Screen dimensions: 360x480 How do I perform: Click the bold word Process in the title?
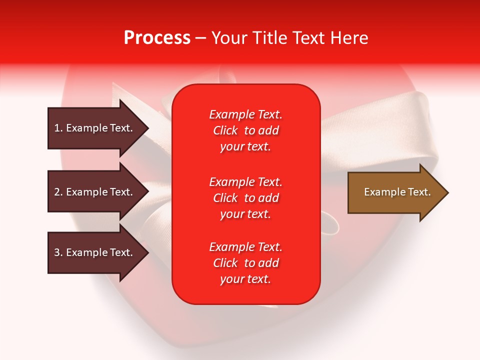coord(157,38)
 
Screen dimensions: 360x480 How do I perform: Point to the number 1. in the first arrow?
coord(58,128)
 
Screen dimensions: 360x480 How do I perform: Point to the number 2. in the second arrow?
coord(58,192)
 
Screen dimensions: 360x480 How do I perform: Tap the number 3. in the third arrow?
coord(58,252)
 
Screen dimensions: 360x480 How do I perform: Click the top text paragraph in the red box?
coord(245,130)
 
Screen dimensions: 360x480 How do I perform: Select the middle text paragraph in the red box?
coord(245,198)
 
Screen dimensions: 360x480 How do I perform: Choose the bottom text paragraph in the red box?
coord(245,263)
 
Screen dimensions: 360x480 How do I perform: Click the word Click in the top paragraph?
coord(225,130)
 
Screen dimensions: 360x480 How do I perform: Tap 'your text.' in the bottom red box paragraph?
coord(245,279)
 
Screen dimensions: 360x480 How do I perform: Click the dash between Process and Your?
coord(200,38)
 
